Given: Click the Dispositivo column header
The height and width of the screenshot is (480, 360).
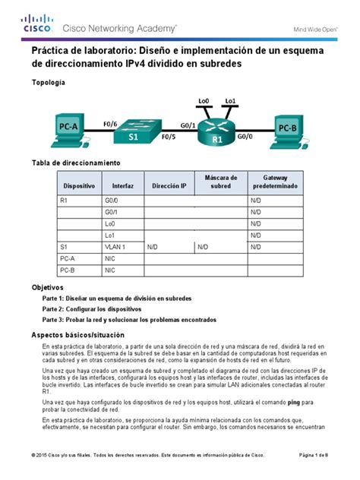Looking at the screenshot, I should point(79,185).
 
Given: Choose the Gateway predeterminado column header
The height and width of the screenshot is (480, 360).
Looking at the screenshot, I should point(275,181).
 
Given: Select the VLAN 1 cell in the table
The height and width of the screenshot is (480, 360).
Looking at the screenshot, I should point(116,247).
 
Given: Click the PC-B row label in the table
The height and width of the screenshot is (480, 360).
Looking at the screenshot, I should point(67,270).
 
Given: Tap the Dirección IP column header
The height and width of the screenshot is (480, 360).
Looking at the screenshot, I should point(169,185).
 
